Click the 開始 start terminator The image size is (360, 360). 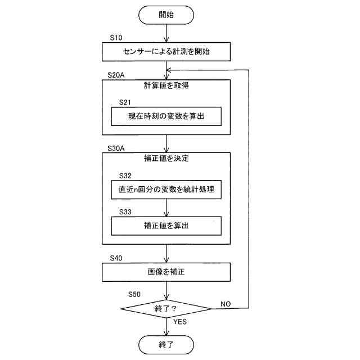(x=166, y=15)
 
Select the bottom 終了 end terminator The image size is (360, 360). (x=166, y=344)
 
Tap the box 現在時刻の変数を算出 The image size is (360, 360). (x=166, y=116)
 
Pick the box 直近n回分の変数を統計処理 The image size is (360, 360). (x=166, y=190)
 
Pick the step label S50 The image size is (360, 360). (x=135, y=294)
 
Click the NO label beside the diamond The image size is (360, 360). (x=226, y=303)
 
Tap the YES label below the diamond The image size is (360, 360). (x=180, y=322)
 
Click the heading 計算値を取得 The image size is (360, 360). (x=166, y=86)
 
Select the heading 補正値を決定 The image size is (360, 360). (x=166, y=159)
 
